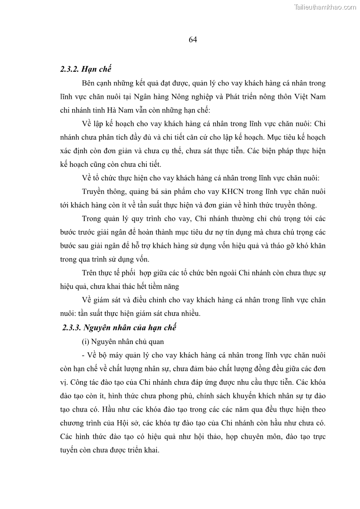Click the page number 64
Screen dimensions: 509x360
point(192,39)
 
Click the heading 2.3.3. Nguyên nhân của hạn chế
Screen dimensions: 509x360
point(120,327)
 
